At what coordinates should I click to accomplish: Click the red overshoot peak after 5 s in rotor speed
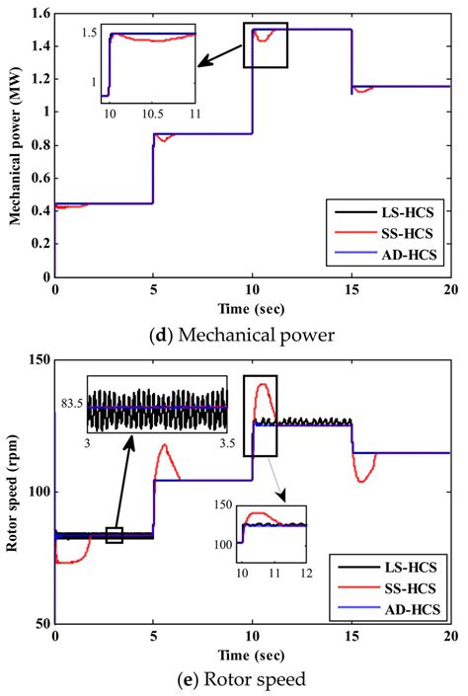(x=164, y=445)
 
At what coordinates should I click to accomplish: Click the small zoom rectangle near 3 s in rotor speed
(x=115, y=535)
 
